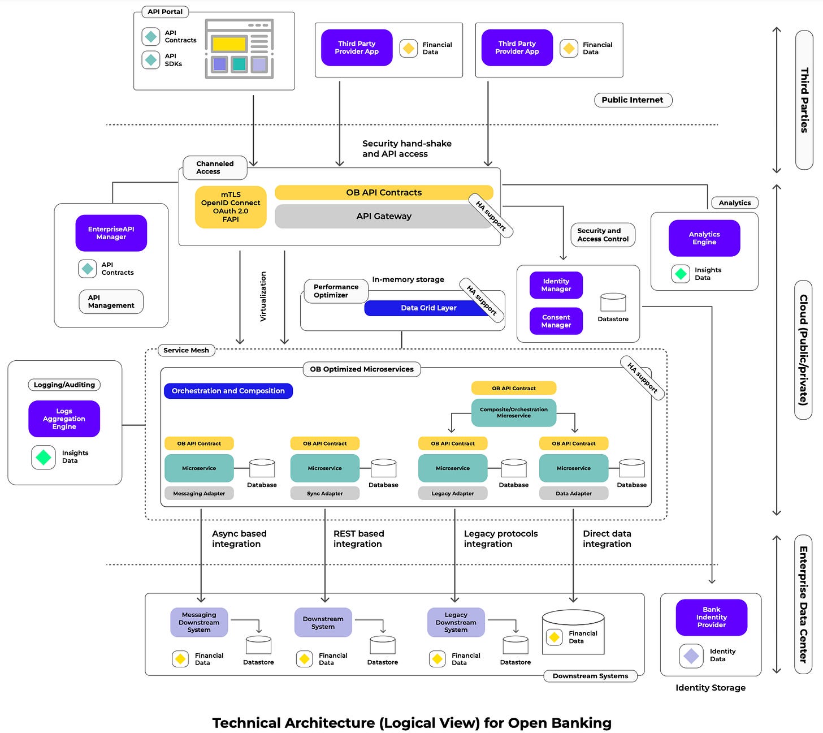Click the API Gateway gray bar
[x=383, y=216]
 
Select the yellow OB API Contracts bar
[x=383, y=192]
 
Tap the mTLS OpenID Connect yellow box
[x=231, y=207]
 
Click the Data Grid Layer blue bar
[x=428, y=308]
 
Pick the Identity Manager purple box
[x=556, y=285]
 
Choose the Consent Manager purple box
[x=556, y=321]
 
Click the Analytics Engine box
[x=704, y=238]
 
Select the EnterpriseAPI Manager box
[x=111, y=233]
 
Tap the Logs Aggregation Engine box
[x=64, y=419]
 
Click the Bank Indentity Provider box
[x=711, y=617]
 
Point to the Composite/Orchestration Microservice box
[x=513, y=413]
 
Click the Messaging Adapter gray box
[x=199, y=493]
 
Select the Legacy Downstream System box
[x=456, y=622]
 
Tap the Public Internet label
[x=633, y=100]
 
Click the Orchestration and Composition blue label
[x=228, y=391]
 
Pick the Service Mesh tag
[x=186, y=350]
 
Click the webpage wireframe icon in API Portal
[x=239, y=49]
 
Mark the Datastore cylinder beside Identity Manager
[x=613, y=303]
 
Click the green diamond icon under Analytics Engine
[x=681, y=274]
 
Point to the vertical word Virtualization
[x=263, y=296]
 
